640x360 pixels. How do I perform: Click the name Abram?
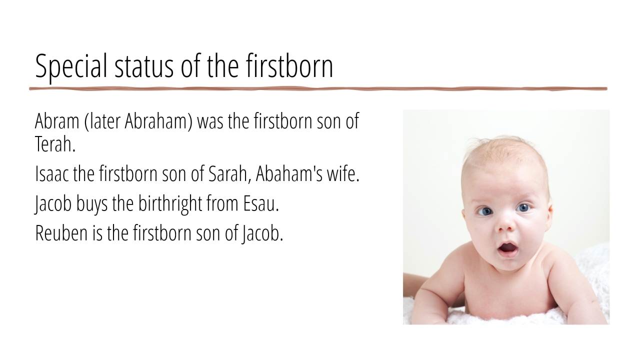(57, 121)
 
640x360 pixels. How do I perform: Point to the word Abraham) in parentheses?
(158, 121)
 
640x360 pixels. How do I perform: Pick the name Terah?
(55, 144)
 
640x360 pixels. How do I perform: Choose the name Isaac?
(52, 173)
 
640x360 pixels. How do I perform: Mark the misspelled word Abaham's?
(289, 173)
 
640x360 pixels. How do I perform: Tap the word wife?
(343, 173)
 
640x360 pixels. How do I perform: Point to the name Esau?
(261, 203)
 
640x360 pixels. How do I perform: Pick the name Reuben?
(61, 233)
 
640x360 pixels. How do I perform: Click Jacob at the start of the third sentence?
(53, 204)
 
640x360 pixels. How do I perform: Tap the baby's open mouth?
(507, 248)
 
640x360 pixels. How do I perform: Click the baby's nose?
(505, 224)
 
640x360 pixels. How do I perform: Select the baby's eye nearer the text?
(484, 211)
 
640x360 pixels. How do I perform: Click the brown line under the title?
(318, 89)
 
